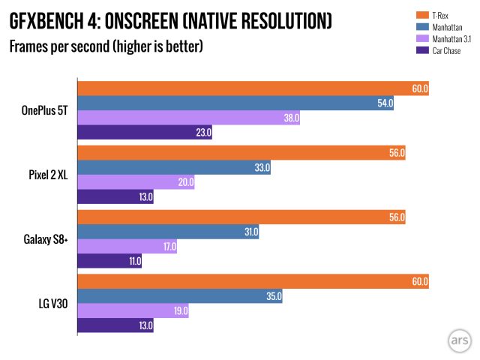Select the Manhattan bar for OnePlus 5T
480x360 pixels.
tap(235, 103)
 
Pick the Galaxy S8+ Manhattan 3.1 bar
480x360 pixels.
tap(127, 246)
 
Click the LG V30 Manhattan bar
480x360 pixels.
tap(180, 296)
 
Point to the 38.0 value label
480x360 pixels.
tap(289, 118)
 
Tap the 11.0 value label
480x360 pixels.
tap(132, 261)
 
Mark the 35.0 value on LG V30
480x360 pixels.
tap(272, 296)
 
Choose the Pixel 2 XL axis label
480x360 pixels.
tap(49, 175)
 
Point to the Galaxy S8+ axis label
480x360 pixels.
tap(46, 239)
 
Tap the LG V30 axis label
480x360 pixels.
tap(52, 304)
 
